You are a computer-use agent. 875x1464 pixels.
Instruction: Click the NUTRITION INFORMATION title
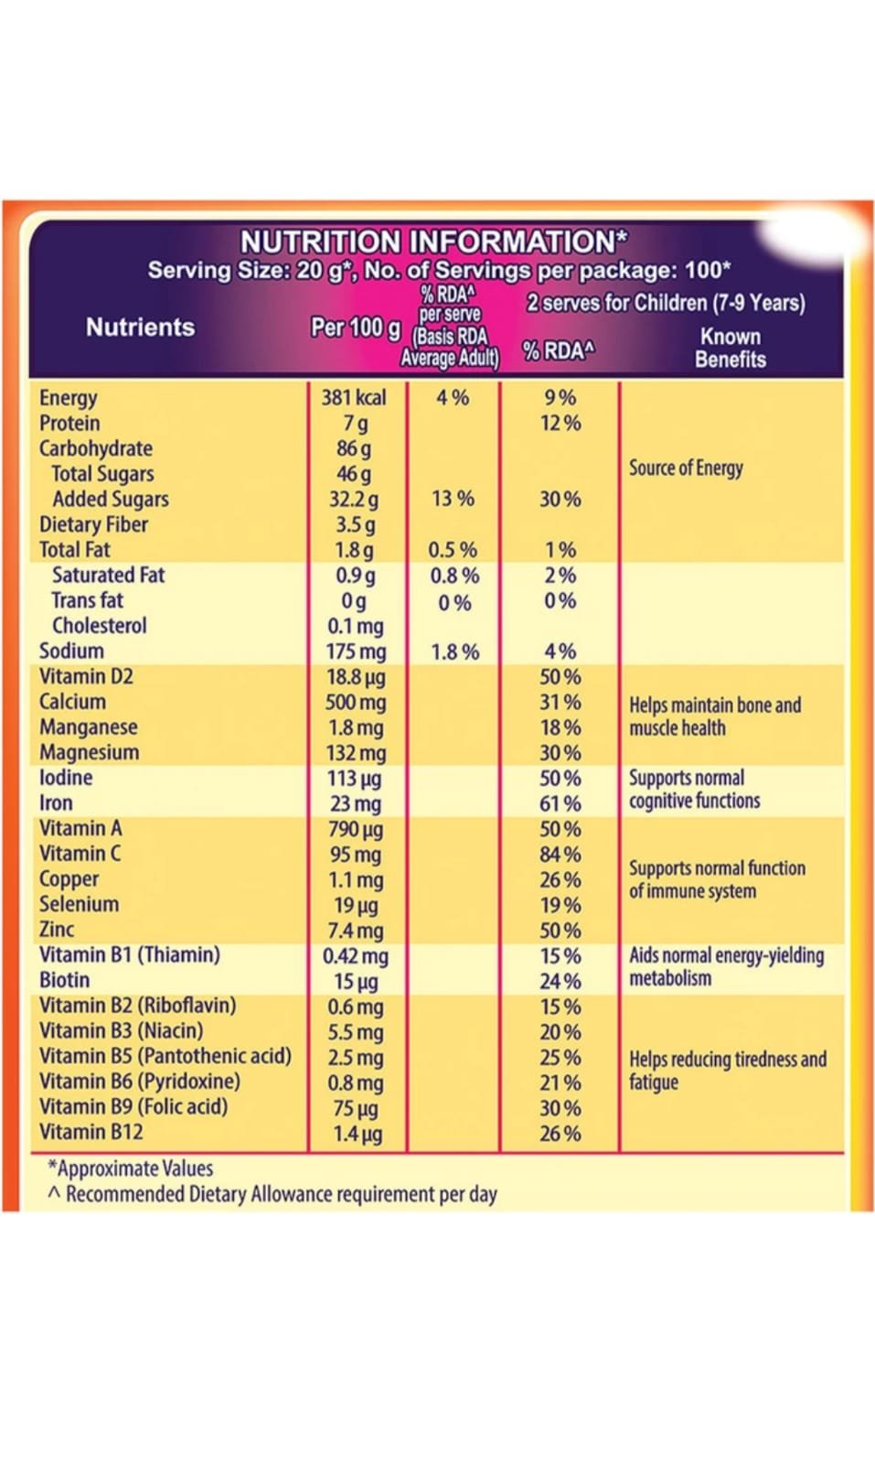pyautogui.click(x=433, y=242)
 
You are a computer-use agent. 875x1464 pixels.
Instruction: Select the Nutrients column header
pyautogui.click(x=140, y=328)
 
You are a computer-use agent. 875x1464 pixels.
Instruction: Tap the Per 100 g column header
pyautogui.click(x=356, y=328)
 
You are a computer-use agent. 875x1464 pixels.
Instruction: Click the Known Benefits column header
pyautogui.click(x=730, y=348)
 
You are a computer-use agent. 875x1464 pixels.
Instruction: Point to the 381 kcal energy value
pyautogui.click(x=354, y=397)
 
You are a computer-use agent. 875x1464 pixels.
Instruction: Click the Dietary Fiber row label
pyautogui.click(x=93, y=524)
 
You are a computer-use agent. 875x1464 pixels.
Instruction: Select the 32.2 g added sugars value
pyautogui.click(x=354, y=500)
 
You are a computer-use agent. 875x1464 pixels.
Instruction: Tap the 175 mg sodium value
pyautogui.click(x=357, y=651)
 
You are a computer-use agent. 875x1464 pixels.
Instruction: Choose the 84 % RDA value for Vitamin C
pyautogui.click(x=560, y=855)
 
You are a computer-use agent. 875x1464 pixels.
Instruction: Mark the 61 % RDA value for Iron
pyautogui.click(x=560, y=803)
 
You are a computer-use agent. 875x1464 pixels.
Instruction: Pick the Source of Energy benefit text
pyautogui.click(x=686, y=468)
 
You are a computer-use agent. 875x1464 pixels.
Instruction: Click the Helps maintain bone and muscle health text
pyautogui.click(x=714, y=716)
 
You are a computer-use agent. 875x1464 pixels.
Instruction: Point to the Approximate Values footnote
pyautogui.click(x=131, y=1168)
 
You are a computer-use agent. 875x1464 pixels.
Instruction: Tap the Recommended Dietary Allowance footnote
pyautogui.click(x=272, y=1194)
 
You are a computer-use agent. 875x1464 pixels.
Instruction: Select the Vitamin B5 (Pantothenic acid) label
pyautogui.click(x=165, y=1056)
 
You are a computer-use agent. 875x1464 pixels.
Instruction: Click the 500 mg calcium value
pyautogui.click(x=357, y=703)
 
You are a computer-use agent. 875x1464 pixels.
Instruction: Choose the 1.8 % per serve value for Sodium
pyautogui.click(x=454, y=651)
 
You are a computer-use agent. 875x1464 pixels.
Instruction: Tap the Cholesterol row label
pyautogui.click(x=99, y=626)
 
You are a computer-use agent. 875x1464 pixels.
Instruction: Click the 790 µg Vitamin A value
pyautogui.click(x=357, y=829)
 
